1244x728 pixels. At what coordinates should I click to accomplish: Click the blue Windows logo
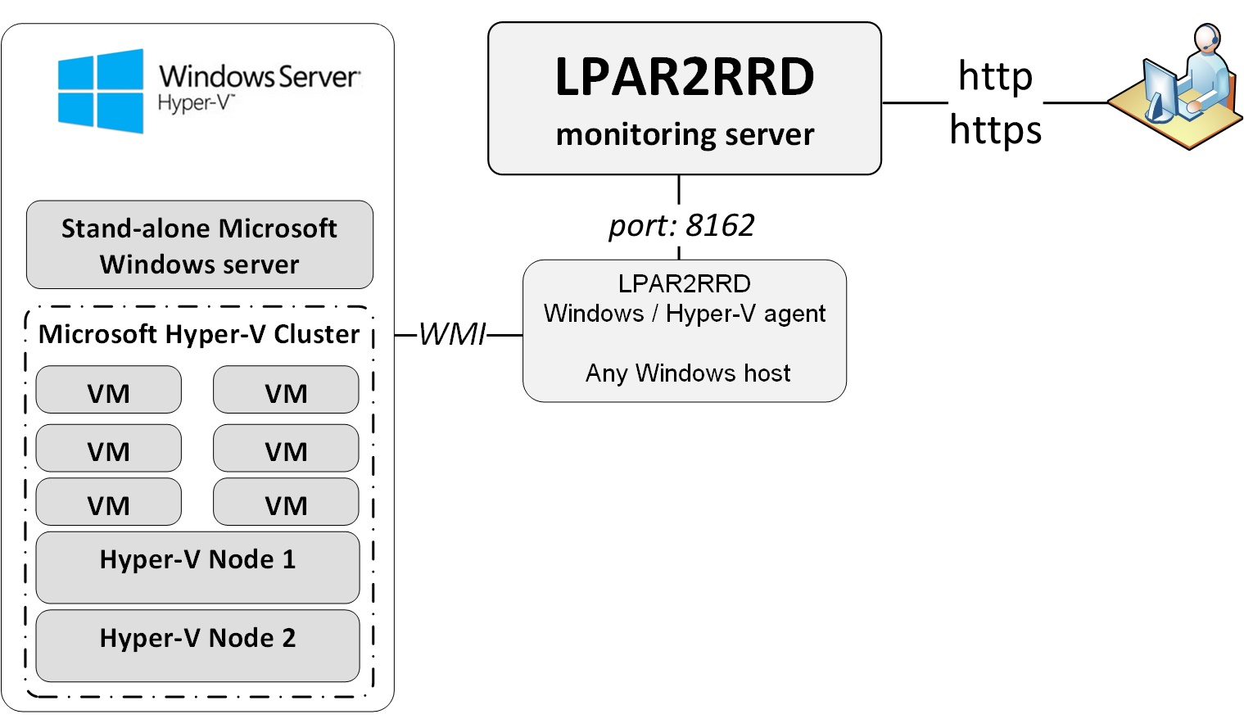coord(100,91)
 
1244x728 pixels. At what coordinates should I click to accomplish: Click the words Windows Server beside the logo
coord(259,76)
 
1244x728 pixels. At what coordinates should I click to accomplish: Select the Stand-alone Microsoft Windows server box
coord(199,245)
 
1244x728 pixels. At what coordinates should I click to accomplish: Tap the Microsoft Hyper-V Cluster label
coord(199,334)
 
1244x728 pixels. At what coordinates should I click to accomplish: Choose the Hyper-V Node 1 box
coord(197,567)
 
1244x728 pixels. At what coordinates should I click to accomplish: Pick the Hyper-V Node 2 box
coord(197,645)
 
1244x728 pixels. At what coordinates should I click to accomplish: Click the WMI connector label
coord(452,334)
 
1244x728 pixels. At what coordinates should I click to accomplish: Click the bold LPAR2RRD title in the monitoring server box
coord(684,77)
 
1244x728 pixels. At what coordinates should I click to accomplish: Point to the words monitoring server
coord(685,134)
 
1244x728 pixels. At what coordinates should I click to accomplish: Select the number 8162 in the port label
coord(720,225)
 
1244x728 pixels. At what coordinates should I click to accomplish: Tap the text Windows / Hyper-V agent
coord(684,314)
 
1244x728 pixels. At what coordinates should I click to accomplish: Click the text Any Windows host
coord(687,373)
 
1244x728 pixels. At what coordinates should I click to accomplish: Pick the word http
coord(995,76)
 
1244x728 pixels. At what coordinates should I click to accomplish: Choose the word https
coord(995,129)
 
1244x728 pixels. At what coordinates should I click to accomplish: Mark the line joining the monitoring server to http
coord(914,103)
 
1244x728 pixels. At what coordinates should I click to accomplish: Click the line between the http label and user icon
coord(1074,103)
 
